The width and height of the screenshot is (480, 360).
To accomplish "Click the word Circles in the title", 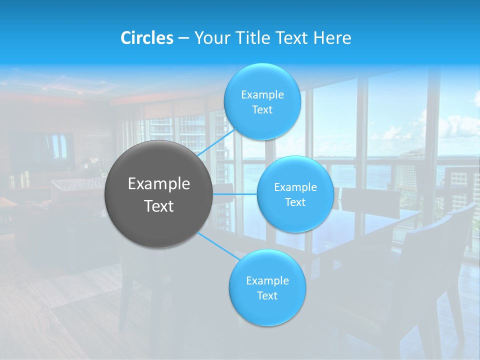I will coord(146,37).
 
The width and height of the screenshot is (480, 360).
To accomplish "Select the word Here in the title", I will coord(332,37).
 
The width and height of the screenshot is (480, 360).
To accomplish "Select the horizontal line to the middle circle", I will coord(235,194).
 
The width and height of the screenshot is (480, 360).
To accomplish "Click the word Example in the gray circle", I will coord(159,183).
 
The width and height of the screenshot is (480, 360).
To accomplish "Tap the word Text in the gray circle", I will coord(159,206).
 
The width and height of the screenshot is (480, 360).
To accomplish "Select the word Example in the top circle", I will coord(262,94).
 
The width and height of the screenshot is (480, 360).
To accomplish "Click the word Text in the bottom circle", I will coord(267,295).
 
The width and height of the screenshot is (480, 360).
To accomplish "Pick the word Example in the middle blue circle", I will coord(295,187).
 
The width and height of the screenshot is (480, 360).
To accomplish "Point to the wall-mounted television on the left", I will coord(42,147).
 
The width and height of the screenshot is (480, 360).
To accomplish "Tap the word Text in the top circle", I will coord(262,109).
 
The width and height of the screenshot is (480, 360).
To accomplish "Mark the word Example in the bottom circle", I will coord(267,280).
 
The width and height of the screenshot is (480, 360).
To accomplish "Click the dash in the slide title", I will coord(183,38).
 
